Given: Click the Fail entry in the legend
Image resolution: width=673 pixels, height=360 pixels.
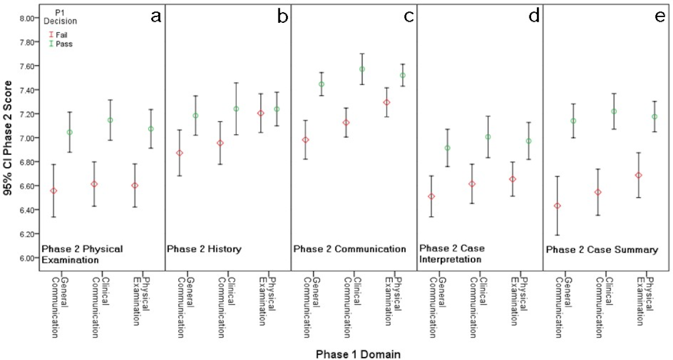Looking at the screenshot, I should pyautogui.click(x=61, y=35).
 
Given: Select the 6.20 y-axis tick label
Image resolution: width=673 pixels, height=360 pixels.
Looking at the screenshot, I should pyautogui.click(x=25, y=234).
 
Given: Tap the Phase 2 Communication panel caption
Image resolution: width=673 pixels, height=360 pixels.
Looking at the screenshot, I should pyautogui.click(x=350, y=249).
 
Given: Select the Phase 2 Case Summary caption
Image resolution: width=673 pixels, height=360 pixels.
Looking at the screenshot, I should pyautogui.click(x=602, y=250).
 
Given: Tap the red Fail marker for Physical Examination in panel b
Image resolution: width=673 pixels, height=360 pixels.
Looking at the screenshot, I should pyautogui.click(x=261, y=113).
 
